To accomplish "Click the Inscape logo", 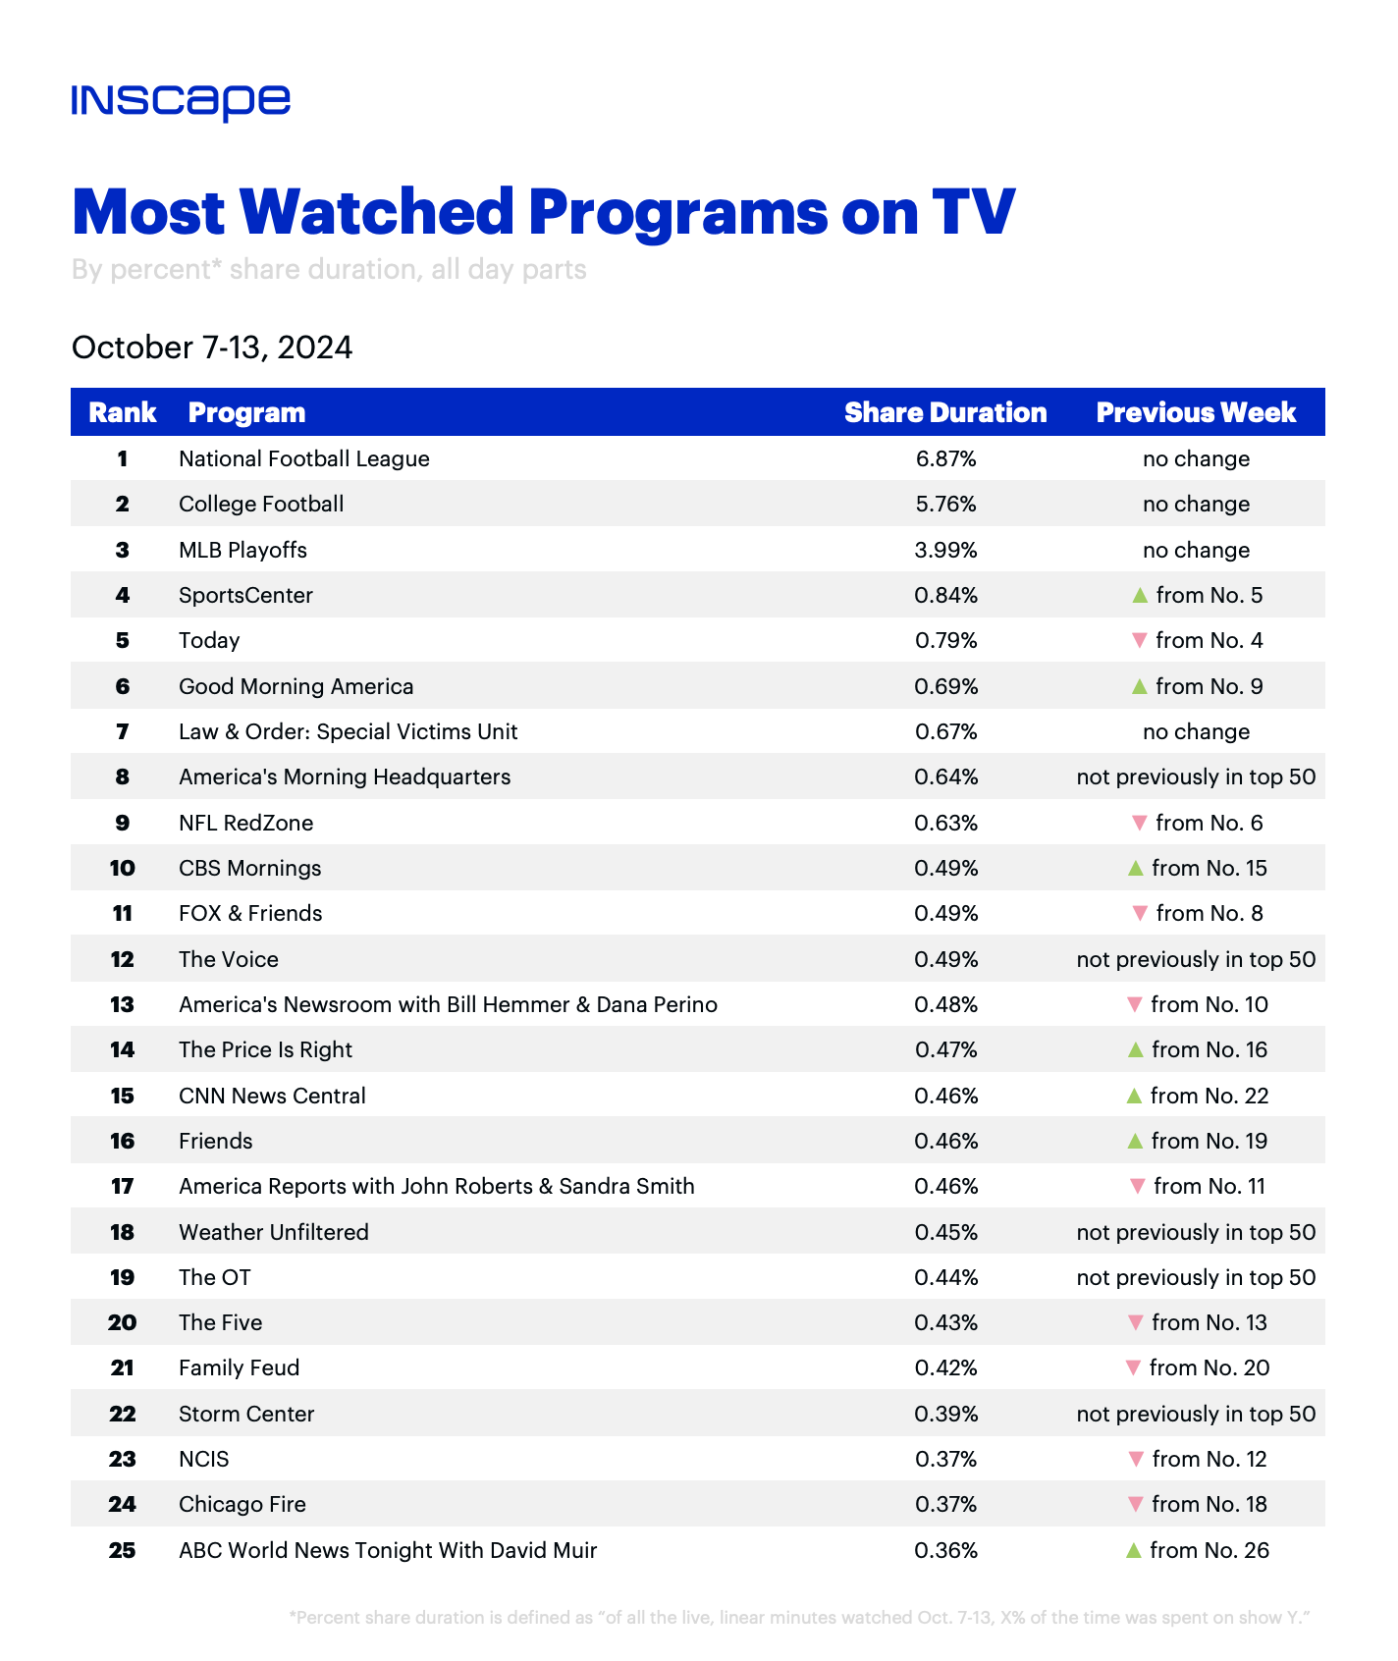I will [181, 102].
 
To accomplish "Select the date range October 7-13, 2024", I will [212, 348].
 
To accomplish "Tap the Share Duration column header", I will [945, 412].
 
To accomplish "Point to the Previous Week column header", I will [1196, 412].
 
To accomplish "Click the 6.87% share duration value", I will [945, 458].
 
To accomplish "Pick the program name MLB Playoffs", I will [242, 550].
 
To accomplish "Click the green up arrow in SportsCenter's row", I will [1140, 595].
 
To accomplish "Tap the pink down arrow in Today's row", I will [1140, 641].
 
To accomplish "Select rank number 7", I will [122, 731].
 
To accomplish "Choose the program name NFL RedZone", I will [245, 823].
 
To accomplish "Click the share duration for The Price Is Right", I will [945, 1049].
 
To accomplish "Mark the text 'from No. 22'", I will [1210, 1096].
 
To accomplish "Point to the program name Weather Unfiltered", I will [274, 1232].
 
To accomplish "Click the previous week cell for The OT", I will [1196, 1277].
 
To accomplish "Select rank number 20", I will [122, 1322].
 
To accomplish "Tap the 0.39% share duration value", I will [945, 1414].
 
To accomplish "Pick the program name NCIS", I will [203, 1459].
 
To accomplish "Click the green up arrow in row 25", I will [1134, 1550].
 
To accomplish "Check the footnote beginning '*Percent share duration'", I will [800, 1617].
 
